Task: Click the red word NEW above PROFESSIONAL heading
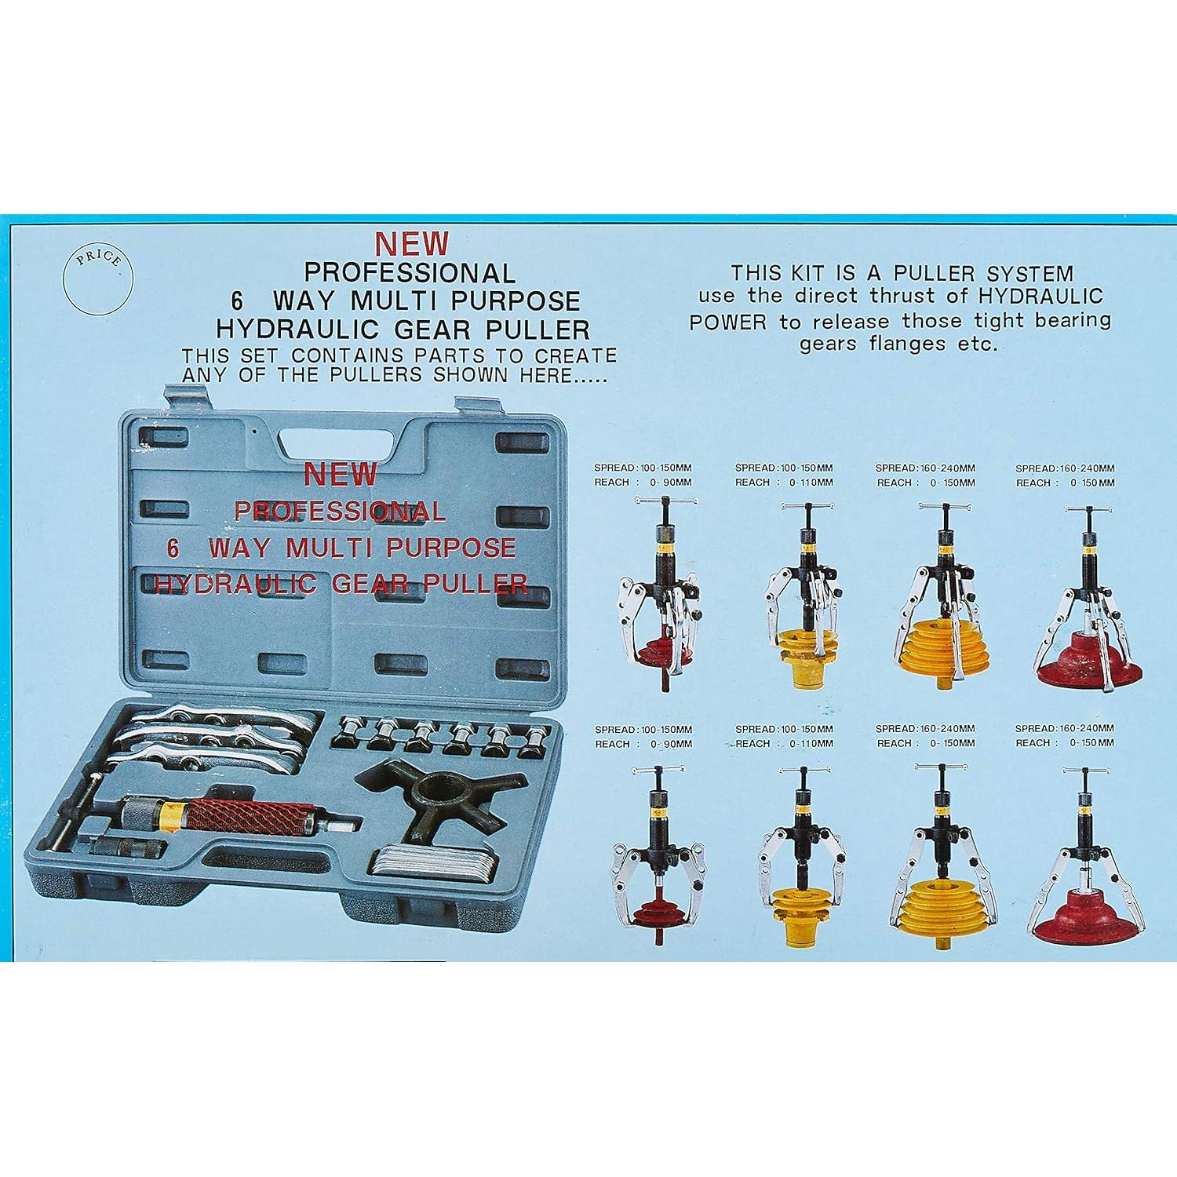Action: pyautogui.click(x=411, y=244)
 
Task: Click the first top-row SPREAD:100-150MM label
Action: pyautogui.click(x=643, y=468)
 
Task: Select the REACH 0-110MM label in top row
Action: pyautogui.click(x=784, y=482)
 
